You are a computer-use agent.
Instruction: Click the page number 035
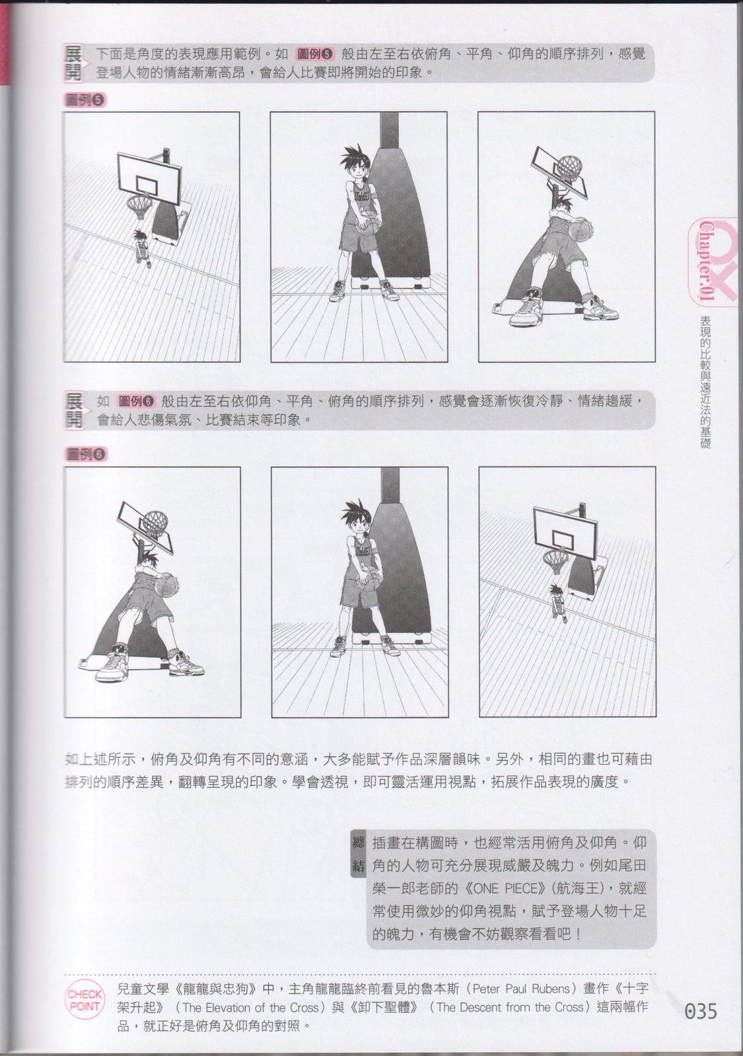[701, 1010]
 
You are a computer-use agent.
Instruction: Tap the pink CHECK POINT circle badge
[85, 999]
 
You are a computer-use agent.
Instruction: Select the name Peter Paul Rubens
[521, 988]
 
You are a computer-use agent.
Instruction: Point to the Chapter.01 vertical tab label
[706, 261]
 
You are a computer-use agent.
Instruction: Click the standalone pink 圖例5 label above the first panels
[85, 100]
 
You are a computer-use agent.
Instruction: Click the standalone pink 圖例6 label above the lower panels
[86, 454]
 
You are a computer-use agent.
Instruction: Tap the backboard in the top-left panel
[149, 178]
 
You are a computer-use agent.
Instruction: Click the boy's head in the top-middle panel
[357, 164]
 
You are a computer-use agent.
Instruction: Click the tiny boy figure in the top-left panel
[141, 248]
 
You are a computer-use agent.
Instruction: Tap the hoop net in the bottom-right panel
[555, 561]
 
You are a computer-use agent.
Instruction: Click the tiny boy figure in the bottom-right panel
[558, 603]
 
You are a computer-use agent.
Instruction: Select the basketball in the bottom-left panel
[166, 585]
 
